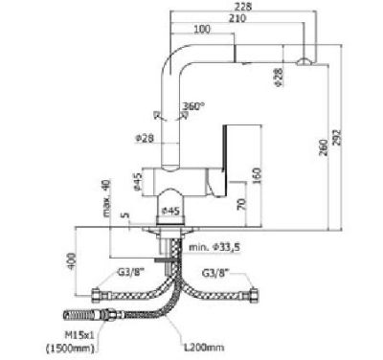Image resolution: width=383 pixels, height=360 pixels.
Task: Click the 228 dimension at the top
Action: (244, 8)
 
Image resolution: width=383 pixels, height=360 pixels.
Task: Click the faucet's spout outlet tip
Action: (304, 61)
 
